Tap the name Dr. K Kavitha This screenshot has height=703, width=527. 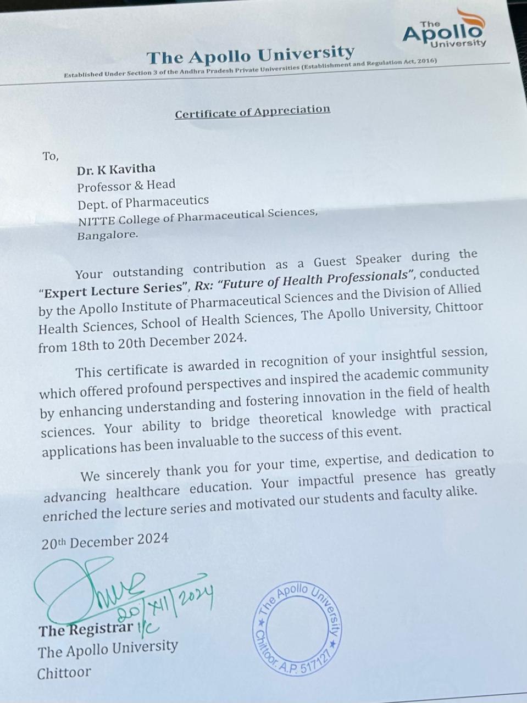116,169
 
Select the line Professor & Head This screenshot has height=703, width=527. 126,185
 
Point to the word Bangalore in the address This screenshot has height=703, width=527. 107,235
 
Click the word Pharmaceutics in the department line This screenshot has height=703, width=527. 167,201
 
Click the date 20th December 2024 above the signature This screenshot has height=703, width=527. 104,542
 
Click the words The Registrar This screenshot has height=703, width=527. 85,629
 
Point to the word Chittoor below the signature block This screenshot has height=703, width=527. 64,673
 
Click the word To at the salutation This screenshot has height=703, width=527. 50,157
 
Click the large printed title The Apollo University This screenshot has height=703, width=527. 250,55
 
